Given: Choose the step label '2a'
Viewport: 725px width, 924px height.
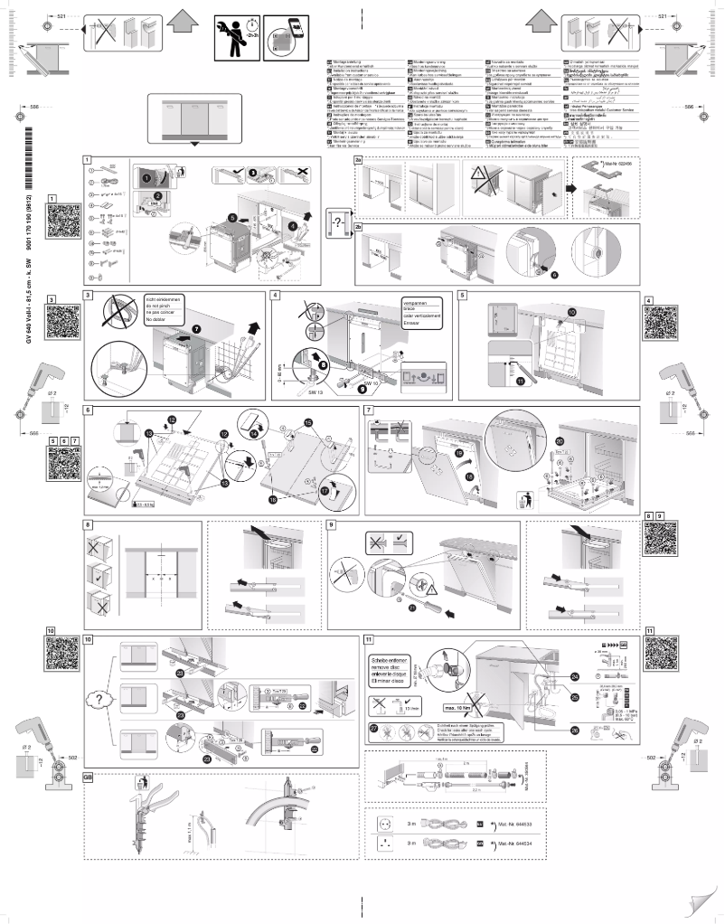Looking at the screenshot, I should click(x=358, y=159).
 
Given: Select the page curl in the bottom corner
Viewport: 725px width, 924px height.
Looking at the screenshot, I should click(x=702, y=904).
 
